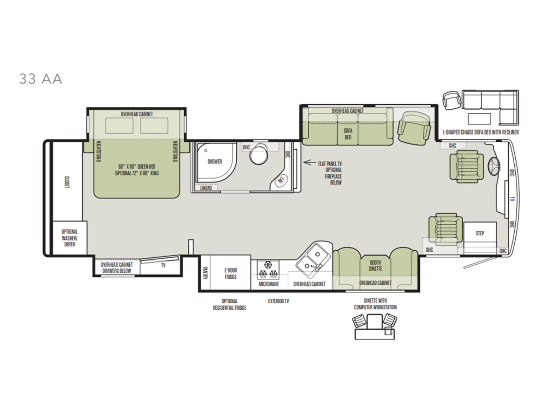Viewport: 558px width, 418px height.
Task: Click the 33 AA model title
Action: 40,79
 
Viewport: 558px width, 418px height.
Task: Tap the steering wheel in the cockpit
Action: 494,166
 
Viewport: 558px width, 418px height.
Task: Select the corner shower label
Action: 215,162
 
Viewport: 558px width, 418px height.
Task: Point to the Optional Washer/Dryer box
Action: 70,238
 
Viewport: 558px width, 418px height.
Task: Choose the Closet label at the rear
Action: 67,182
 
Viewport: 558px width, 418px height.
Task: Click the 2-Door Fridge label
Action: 231,274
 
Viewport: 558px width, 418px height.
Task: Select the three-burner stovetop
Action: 268,269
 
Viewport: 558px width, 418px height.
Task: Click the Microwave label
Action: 269,284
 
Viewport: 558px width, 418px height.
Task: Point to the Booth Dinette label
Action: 375,266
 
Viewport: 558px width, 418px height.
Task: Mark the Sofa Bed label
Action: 348,134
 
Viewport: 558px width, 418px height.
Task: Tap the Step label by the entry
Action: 480,233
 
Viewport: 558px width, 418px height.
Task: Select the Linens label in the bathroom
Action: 206,188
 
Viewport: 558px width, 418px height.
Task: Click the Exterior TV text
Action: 279,301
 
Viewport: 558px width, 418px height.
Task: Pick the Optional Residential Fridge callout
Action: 230,305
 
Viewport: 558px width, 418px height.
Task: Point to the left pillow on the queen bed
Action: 119,125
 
